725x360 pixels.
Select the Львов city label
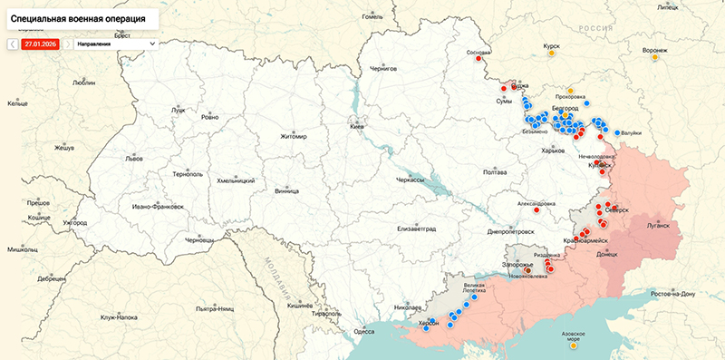point(134,158)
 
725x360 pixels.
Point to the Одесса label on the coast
point(363,332)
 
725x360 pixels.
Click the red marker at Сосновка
point(478,63)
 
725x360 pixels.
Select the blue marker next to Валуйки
point(617,133)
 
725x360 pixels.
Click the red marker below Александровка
point(536,215)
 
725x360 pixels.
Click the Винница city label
point(286,192)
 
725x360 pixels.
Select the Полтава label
point(495,171)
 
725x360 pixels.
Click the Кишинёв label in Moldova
point(299,306)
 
